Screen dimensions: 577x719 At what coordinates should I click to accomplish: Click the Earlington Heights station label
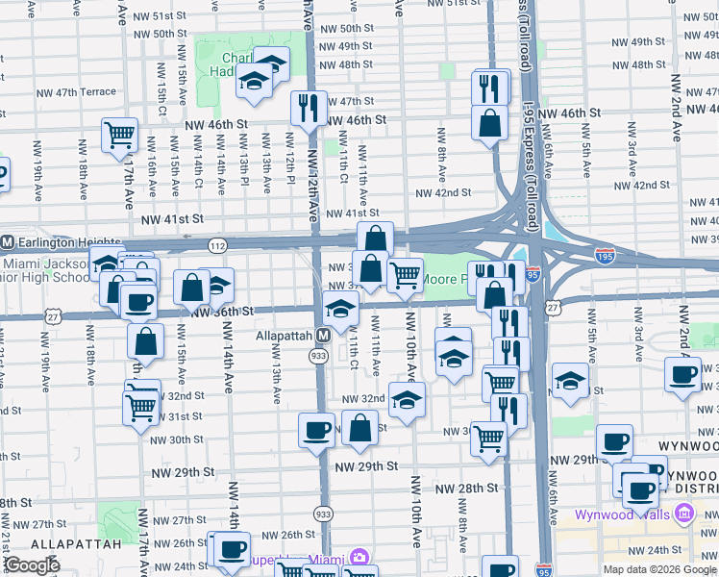61,241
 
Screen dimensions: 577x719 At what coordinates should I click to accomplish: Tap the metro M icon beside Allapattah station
324,336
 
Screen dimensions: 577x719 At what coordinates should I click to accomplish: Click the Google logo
33,565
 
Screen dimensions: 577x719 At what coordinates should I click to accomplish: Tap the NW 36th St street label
221,312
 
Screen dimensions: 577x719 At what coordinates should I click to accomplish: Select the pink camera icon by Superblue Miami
359,558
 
